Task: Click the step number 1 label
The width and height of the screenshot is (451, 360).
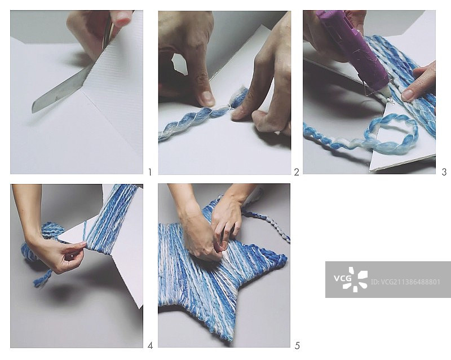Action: click(149, 172)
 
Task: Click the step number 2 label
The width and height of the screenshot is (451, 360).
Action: click(297, 172)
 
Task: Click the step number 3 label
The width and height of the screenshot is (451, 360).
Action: click(444, 172)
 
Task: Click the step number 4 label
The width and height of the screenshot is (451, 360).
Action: click(150, 345)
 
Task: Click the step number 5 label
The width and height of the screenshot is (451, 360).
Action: click(297, 345)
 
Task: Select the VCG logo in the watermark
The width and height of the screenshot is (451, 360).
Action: click(351, 279)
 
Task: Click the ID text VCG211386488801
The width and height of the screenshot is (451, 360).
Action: click(405, 282)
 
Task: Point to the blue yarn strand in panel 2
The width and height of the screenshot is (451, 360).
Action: click(201, 115)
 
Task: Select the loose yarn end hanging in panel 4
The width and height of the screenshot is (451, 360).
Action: click(43, 278)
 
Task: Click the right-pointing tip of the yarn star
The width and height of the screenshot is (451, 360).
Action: click(285, 258)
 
